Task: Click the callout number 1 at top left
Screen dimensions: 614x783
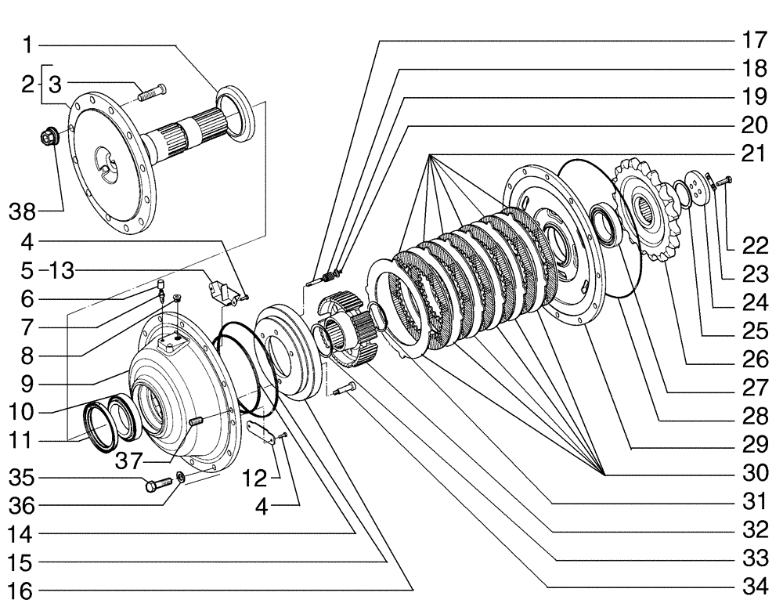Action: (27, 45)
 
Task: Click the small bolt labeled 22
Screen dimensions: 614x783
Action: (723, 181)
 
